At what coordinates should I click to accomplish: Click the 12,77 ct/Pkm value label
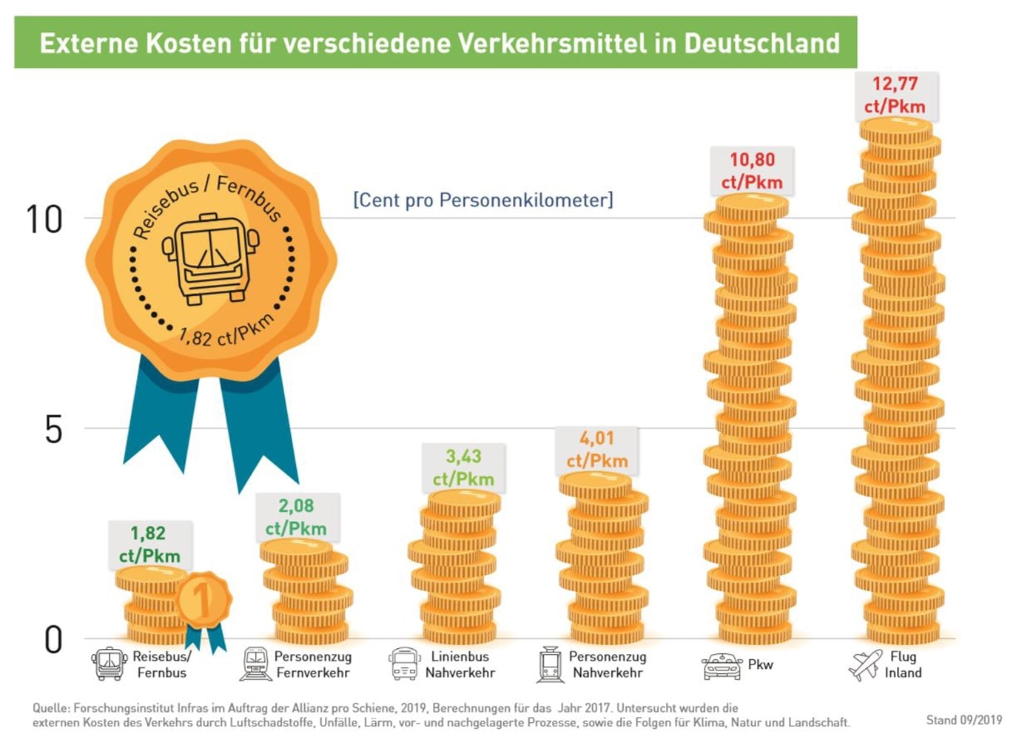click(895, 95)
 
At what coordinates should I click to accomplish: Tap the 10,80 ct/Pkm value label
click(752, 171)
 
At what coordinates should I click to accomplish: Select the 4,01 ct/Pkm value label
click(597, 449)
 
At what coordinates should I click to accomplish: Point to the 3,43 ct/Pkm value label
click(463, 468)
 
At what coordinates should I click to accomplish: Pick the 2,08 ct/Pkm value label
click(296, 517)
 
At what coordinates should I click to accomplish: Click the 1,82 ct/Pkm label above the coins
click(149, 545)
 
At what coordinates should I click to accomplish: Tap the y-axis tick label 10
click(44, 220)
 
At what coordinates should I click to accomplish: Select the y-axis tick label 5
click(53, 430)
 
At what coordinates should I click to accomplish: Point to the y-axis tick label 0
click(53, 640)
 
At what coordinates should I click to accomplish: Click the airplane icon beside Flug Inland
click(865, 664)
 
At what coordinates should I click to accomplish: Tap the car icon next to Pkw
click(721, 666)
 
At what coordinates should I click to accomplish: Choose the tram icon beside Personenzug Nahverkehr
click(550, 664)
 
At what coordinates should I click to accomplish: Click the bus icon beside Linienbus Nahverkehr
click(404, 664)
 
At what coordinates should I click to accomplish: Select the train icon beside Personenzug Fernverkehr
click(256, 664)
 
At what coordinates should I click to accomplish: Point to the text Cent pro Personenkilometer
click(482, 201)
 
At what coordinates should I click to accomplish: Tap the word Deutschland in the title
click(761, 43)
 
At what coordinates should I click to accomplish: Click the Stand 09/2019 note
click(963, 720)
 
